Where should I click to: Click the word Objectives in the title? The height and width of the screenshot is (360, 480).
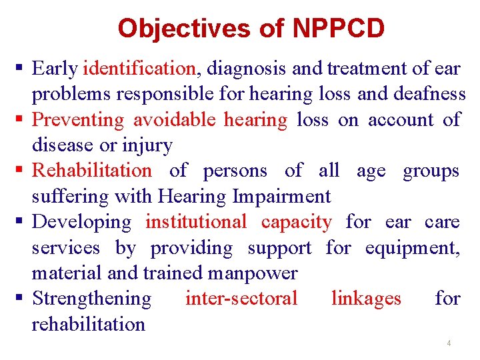(x=183, y=28)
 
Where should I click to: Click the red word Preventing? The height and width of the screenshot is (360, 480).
(x=78, y=119)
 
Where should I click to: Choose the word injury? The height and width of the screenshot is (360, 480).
(x=153, y=145)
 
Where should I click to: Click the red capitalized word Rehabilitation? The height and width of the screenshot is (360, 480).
(x=92, y=171)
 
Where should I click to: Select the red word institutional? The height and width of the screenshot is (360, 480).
(x=196, y=221)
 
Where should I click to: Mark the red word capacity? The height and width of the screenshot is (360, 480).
(x=296, y=221)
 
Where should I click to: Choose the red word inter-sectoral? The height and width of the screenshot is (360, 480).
(x=241, y=298)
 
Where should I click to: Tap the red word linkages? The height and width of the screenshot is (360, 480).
(x=366, y=298)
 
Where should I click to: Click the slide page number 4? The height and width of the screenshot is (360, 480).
(x=449, y=343)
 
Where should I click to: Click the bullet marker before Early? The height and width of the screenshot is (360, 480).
(x=22, y=69)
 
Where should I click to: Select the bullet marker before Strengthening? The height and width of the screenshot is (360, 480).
(x=22, y=299)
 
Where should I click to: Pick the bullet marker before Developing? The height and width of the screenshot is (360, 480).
(x=22, y=222)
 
